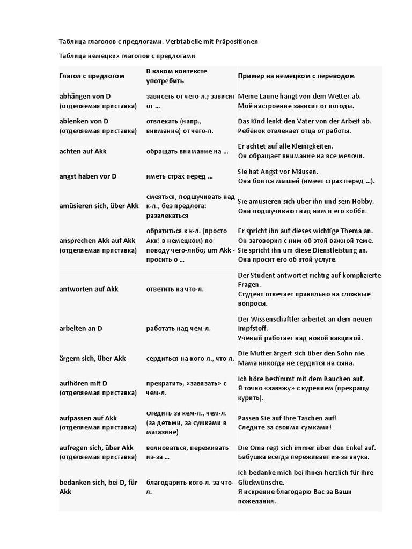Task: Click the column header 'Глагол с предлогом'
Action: pyautogui.click(x=92, y=76)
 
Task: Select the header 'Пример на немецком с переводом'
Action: pyautogui.click(x=296, y=76)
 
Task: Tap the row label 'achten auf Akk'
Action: pyautogui.click(x=83, y=151)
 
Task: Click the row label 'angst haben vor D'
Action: pyautogui.click(x=88, y=176)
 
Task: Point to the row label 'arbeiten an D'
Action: pyautogui.click(x=80, y=328)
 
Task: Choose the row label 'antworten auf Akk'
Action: pyautogui.click(x=89, y=289)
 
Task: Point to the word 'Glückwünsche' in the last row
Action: pyautogui.click(x=261, y=482)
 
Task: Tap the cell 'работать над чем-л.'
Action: pyautogui.click(x=175, y=328)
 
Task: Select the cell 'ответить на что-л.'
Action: pyautogui.click(x=175, y=289)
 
